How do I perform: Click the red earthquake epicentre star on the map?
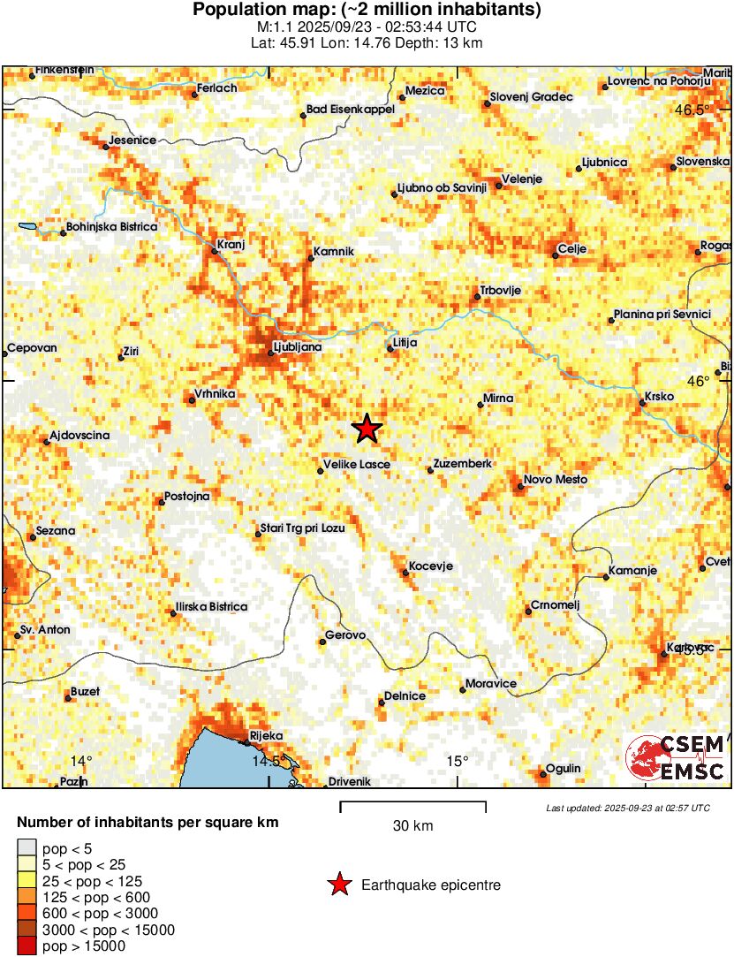pyautogui.click(x=367, y=429)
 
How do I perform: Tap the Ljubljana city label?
pyautogui.click(x=298, y=347)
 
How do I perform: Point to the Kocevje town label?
pyautogui.click(x=431, y=566)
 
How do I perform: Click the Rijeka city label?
pyautogui.click(x=266, y=735)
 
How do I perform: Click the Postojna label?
pyautogui.click(x=187, y=497)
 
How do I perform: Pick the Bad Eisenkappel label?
pyautogui.click(x=350, y=110)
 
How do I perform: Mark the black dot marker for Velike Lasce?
pyautogui.click(x=321, y=471)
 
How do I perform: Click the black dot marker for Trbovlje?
pyautogui.click(x=477, y=297)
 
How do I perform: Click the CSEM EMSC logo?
pyautogui.click(x=676, y=758)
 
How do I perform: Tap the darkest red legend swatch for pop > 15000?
pyautogui.click(x=26, y=946)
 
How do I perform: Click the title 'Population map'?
pyautogui.click(x=367, y=11)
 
